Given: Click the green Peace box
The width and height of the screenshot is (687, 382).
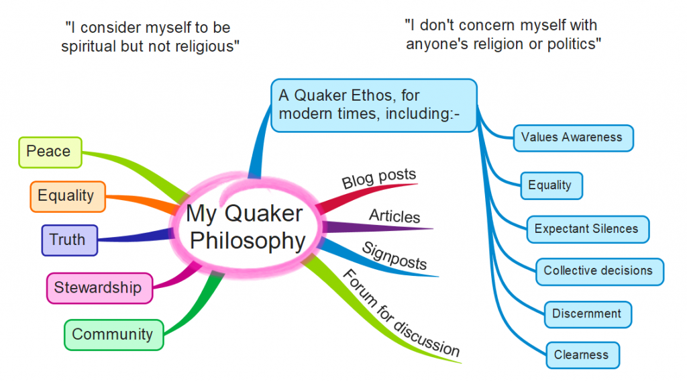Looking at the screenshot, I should click(49, 152).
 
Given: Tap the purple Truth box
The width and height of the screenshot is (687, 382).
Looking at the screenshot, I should click(69, 240).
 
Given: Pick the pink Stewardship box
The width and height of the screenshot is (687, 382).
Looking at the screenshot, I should click(99, 287).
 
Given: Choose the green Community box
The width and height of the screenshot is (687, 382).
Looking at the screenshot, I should click(113, 334).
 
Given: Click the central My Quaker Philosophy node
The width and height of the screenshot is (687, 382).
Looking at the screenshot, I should click(245, 227).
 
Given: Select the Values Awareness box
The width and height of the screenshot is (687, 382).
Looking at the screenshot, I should click(572, 138).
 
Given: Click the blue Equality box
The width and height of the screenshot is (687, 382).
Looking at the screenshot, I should click(551, 185).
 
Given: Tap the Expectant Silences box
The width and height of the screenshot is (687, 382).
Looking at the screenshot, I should click(586, 229).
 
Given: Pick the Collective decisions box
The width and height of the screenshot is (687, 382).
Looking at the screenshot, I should click(598, 271).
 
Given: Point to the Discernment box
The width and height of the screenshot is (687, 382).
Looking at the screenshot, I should click(587, 314).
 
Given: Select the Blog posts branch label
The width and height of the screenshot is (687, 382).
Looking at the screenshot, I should click(379, 180).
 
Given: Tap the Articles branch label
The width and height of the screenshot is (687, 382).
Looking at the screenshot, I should click(395, 216).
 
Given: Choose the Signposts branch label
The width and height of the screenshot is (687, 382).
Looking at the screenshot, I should click(394, 255).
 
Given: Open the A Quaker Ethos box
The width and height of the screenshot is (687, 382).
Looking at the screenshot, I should click(374, 105).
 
